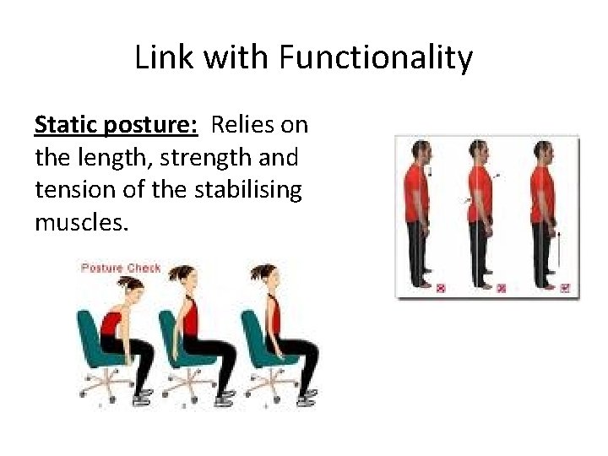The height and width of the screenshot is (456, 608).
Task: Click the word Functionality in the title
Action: [377, 59]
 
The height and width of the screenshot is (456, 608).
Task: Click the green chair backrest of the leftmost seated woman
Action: [86, 325]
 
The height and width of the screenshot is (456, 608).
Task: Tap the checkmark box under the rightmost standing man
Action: [565, 288]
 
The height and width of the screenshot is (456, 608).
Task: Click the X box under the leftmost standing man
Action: [440, 288]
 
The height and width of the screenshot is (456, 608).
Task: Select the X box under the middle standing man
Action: [502, 288]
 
